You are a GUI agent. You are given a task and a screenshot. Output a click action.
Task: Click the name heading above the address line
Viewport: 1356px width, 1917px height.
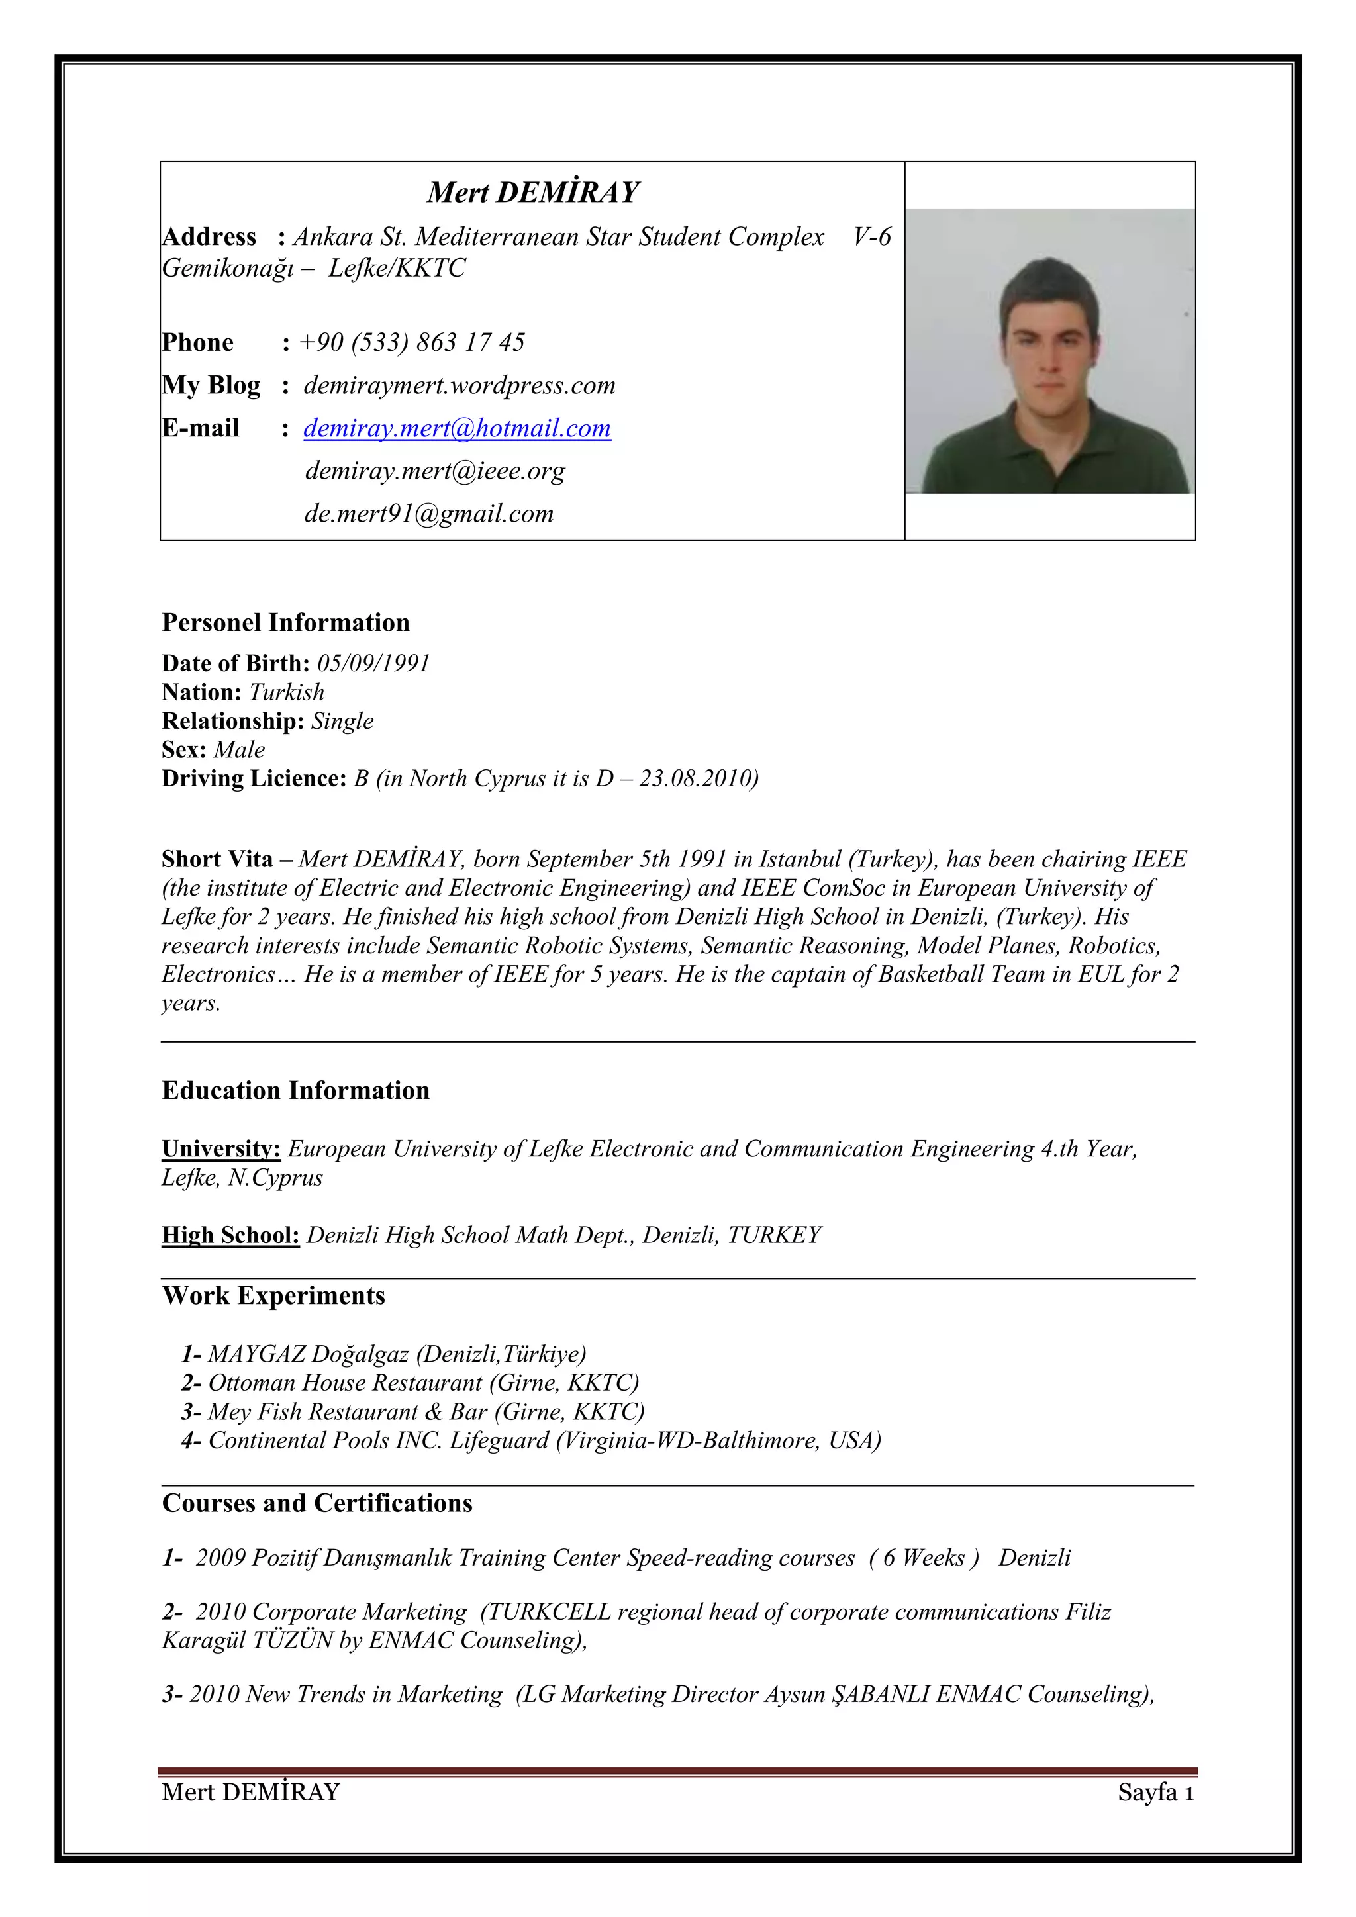pos(533,192)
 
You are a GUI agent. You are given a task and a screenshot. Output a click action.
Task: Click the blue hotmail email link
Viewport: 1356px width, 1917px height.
pos(457,428)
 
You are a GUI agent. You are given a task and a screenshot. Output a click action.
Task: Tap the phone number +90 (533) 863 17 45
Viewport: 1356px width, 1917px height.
pos(412,342)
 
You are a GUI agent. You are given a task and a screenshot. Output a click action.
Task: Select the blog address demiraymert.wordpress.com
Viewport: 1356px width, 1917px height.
pos(460,386)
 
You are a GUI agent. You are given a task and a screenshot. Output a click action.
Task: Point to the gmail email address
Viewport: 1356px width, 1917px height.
pos(428,514)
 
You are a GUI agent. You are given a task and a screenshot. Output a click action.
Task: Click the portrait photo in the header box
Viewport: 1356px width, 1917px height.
pos(1049,351)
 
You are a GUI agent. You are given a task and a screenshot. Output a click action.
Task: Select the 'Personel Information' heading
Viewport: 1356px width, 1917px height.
pos(285,623)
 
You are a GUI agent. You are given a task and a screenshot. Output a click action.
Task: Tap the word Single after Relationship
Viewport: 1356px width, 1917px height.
pos(342,721)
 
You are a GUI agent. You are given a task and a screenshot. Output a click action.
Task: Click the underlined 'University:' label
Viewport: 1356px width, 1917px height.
pos(221,1149)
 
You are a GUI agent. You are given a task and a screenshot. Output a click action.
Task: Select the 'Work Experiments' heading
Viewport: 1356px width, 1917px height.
pos(274,1296)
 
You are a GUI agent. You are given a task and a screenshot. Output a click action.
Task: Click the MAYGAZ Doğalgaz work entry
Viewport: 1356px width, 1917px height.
pos(384,1354)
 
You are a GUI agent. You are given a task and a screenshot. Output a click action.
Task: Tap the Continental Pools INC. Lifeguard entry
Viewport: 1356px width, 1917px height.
pos(531,1440)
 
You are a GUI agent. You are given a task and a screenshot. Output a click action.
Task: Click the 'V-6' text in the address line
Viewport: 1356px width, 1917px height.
pos(872,237)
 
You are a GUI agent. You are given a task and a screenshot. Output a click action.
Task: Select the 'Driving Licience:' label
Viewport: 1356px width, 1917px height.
pos(254,778)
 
